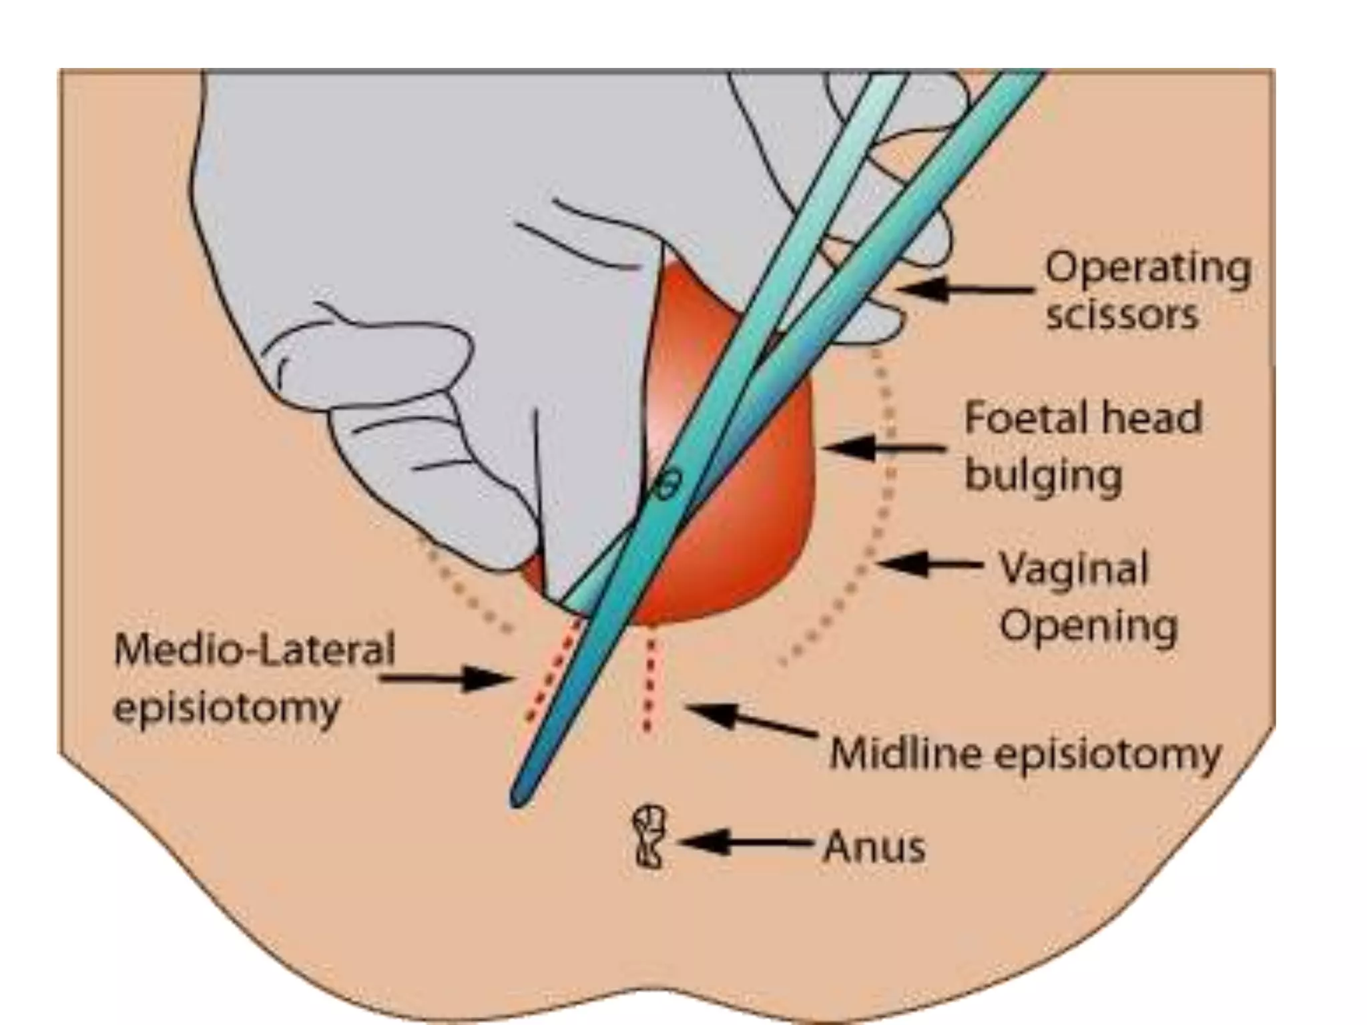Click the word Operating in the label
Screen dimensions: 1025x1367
[1147, 270]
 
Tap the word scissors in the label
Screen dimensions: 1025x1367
[1121, 315]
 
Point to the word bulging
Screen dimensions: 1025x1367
[1044, 476]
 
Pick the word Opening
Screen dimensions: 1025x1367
[1088, 627]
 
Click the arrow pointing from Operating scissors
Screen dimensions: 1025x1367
[964, 290]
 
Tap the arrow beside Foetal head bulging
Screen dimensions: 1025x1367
[885, 448]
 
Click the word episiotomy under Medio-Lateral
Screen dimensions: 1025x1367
[227, 707]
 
